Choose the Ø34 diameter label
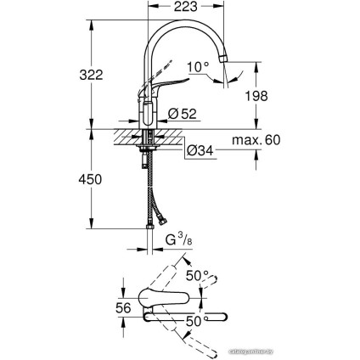pyautogui.click(x=200, y=150)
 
